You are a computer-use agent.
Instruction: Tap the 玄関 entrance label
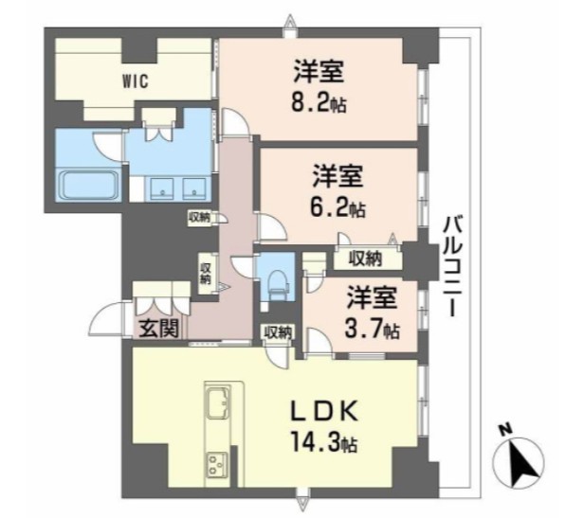tap(155, 330)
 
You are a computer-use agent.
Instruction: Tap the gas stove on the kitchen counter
tap(217, 465)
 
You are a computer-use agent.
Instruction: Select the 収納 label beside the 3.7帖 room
tap(364, 257)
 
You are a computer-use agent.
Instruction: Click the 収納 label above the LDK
tap(277, 331)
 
